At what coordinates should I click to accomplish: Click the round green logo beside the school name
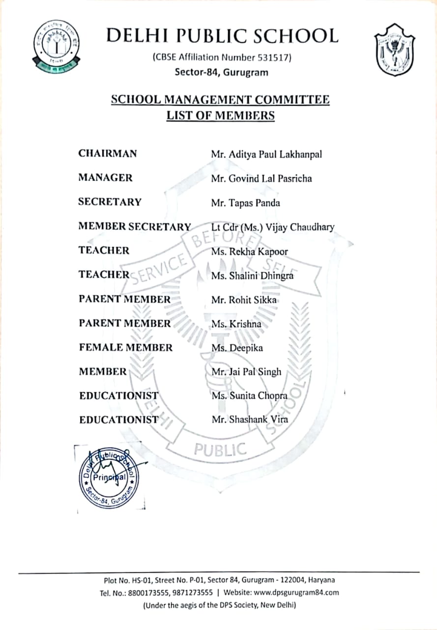(x=56, y=47)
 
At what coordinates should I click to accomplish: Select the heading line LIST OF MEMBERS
(x=220, y=116)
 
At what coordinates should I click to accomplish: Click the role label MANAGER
(x=105, y=178)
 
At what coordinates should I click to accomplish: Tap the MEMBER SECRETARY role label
(x=135, y=226)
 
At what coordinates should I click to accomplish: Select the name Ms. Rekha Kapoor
(x=249, y=251)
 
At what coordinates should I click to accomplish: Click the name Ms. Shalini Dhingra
(x=252, y=275)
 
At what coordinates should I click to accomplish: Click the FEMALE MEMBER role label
(x=125, y=347)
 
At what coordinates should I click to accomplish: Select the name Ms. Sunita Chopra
(x=249, y=396)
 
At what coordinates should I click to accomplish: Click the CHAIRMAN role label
(x=108, y=154)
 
